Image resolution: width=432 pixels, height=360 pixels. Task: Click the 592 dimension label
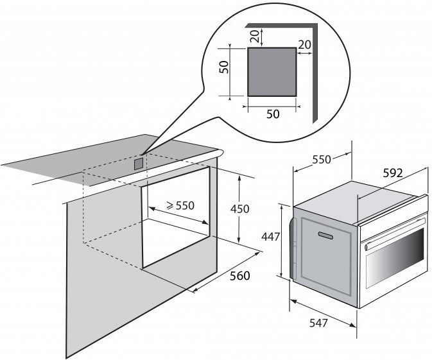click(x=393, y=173)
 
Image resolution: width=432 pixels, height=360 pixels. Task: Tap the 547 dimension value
click(x=319, y=323)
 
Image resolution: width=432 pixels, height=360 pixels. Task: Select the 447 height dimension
click(x=270, y=237)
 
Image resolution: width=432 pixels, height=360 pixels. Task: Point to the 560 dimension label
click(x=239, y=276)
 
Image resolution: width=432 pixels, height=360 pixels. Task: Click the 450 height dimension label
click(x=239, y=209)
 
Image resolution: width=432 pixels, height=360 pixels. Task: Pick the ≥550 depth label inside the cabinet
click(x=180, y=205)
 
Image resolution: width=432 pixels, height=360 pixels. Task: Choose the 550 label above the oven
click(x=322, y=160)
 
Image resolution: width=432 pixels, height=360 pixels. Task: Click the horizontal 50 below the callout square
click(x=273, y=114)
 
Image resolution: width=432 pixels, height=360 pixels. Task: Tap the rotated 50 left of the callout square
click(x=224, y=67)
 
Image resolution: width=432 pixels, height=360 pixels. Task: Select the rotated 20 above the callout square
click(x=255, y=36)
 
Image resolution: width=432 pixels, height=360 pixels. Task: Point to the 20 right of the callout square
click(x=304, y=45)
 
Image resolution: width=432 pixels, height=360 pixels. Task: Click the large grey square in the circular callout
click(x=272, y=72)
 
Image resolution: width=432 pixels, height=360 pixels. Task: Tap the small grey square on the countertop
click(x=139, y=164)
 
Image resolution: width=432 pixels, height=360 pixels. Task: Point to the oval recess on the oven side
click(x=325, y=236)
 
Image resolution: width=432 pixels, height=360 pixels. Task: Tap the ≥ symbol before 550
click(x=170, y=205)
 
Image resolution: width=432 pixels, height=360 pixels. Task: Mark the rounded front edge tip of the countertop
click(x=221, y=153)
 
